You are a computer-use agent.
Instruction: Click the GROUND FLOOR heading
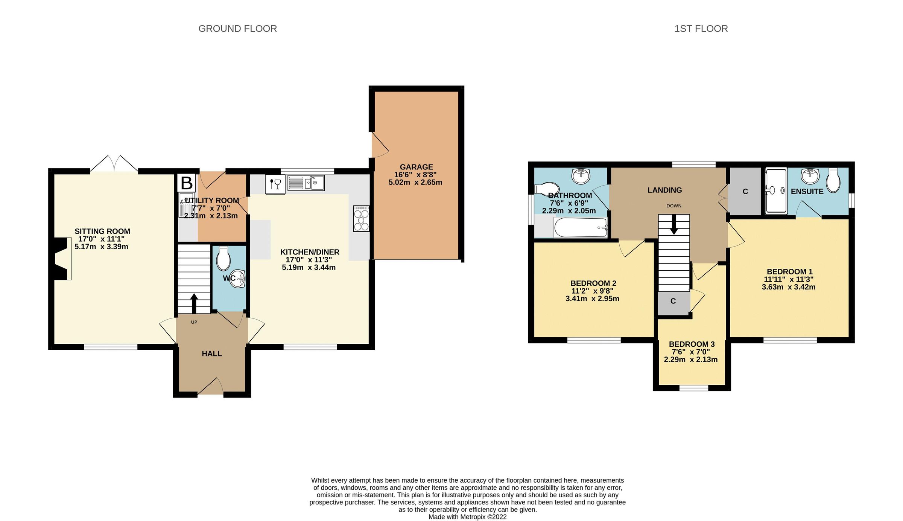point(237,29)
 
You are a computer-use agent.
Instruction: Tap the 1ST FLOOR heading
point(701,29)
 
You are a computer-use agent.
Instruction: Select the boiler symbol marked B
point(187,183)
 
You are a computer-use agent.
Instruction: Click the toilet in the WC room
point(223,258)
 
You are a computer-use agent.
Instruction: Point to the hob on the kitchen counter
point(361,218)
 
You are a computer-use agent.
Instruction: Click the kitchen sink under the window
point(306,183)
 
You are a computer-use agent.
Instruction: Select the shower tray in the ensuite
point(776,191)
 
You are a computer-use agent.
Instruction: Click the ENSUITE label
point(807,192)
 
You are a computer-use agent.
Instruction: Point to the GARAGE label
point(416,167)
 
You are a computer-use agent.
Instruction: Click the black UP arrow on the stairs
point(194,303)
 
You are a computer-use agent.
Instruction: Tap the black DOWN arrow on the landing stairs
point(674,224)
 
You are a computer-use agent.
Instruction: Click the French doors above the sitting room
point(114,164)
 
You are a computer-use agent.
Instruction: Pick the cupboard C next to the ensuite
point(745,192)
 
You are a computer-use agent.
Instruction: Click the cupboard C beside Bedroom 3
point(673,302)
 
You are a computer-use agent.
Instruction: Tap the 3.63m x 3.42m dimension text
point(788,287)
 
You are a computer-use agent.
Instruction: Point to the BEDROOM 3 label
point(692,344)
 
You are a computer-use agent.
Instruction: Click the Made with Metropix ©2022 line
point(467,517)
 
